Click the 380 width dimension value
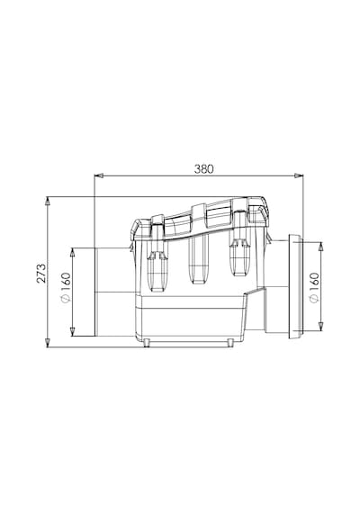pos(203,169)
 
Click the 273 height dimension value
pos(41,273)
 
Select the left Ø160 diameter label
pos(66,288)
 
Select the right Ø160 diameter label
pos(314,288)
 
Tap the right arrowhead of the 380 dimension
pos(299,176)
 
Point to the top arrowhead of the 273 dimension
pos(48,201)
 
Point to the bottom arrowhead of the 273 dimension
pos(48,343)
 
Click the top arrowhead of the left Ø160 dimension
pos(73,253)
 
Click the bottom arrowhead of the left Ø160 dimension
pos(73,331)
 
